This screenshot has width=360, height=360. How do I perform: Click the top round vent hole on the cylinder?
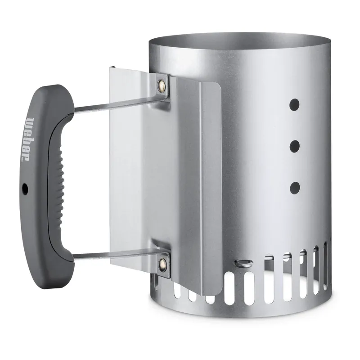point(295,105)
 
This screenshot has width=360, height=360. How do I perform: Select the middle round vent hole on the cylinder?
point(295,146)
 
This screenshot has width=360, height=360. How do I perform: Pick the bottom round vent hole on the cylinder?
point(295,188)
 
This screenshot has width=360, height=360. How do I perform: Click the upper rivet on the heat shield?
point(162,85)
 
